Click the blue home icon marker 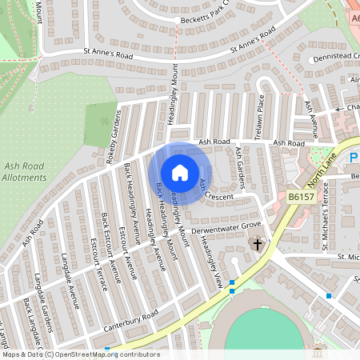tap(180, 173)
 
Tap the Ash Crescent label tap(214, 191)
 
